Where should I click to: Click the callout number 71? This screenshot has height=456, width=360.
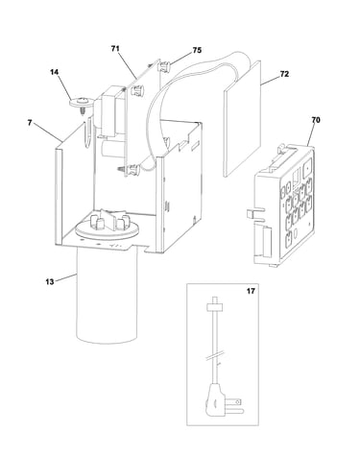[x=115, y=49]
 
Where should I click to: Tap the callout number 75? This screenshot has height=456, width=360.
[x=197, y=50]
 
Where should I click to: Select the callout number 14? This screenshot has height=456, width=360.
[x=55, y=72]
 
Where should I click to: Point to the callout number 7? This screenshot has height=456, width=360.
[x=30, y=123]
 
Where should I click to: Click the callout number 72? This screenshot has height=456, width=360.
[x=284, y=74]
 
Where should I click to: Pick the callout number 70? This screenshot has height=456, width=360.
[x=316, y=120]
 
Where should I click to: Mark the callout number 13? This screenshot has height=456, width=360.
[x=50, y=282]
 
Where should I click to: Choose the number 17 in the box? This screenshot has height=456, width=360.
[x=251, y=291]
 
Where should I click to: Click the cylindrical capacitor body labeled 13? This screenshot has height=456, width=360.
[x=107, y=295]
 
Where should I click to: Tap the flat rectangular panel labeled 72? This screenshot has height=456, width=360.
[x=242, y=119]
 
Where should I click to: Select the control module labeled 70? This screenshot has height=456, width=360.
[x=283, y=204]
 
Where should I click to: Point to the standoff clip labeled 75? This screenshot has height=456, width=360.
[x=165, y=66]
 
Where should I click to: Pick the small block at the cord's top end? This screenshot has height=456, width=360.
[x=215, y=306]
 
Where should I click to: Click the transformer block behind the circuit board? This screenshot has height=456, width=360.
[x=111, y=110]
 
